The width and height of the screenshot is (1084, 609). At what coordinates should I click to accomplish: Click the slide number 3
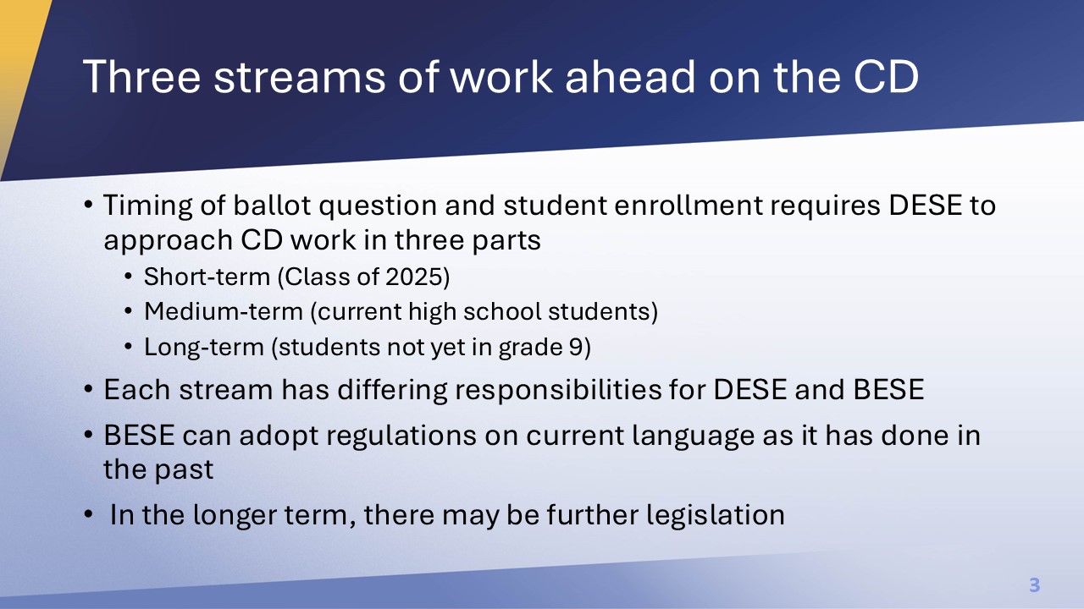click(1035, 584)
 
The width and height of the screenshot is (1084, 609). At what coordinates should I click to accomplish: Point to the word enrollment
click(689, 205)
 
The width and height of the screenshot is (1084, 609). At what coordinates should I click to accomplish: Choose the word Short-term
click(207, 277)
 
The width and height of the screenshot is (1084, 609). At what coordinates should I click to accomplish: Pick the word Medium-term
click(224, 311)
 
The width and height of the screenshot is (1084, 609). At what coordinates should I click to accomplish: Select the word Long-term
click(204, 348)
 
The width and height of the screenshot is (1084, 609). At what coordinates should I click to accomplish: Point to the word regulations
click(401, 436)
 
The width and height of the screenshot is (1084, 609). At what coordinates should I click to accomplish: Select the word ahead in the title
click(630, 77)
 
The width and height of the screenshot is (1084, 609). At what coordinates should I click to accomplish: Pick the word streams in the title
click(299, 77)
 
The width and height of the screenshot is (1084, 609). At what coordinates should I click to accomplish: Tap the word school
click(502, 311)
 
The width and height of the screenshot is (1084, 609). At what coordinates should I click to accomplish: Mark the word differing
click(392, 391)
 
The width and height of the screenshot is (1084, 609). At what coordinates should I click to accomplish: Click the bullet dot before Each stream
click(88, 389)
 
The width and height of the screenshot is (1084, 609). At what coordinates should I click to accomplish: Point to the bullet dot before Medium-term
click(128, 311)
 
